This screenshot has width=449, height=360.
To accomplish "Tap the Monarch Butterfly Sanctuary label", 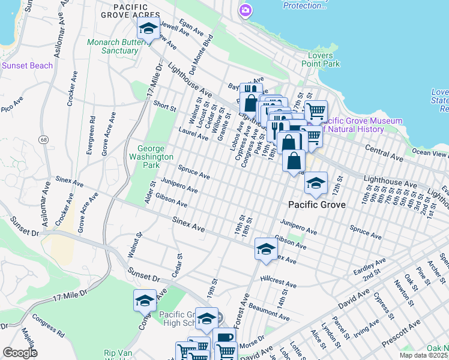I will point(113,46).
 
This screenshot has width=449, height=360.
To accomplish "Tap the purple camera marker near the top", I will point(245,11).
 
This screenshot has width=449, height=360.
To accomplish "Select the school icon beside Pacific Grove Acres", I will point(148,28).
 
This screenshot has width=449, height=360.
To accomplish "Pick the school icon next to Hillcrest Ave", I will point(265,249).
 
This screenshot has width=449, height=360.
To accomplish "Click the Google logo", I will point(19,353).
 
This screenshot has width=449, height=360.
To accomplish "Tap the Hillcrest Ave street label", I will point(279,284).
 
